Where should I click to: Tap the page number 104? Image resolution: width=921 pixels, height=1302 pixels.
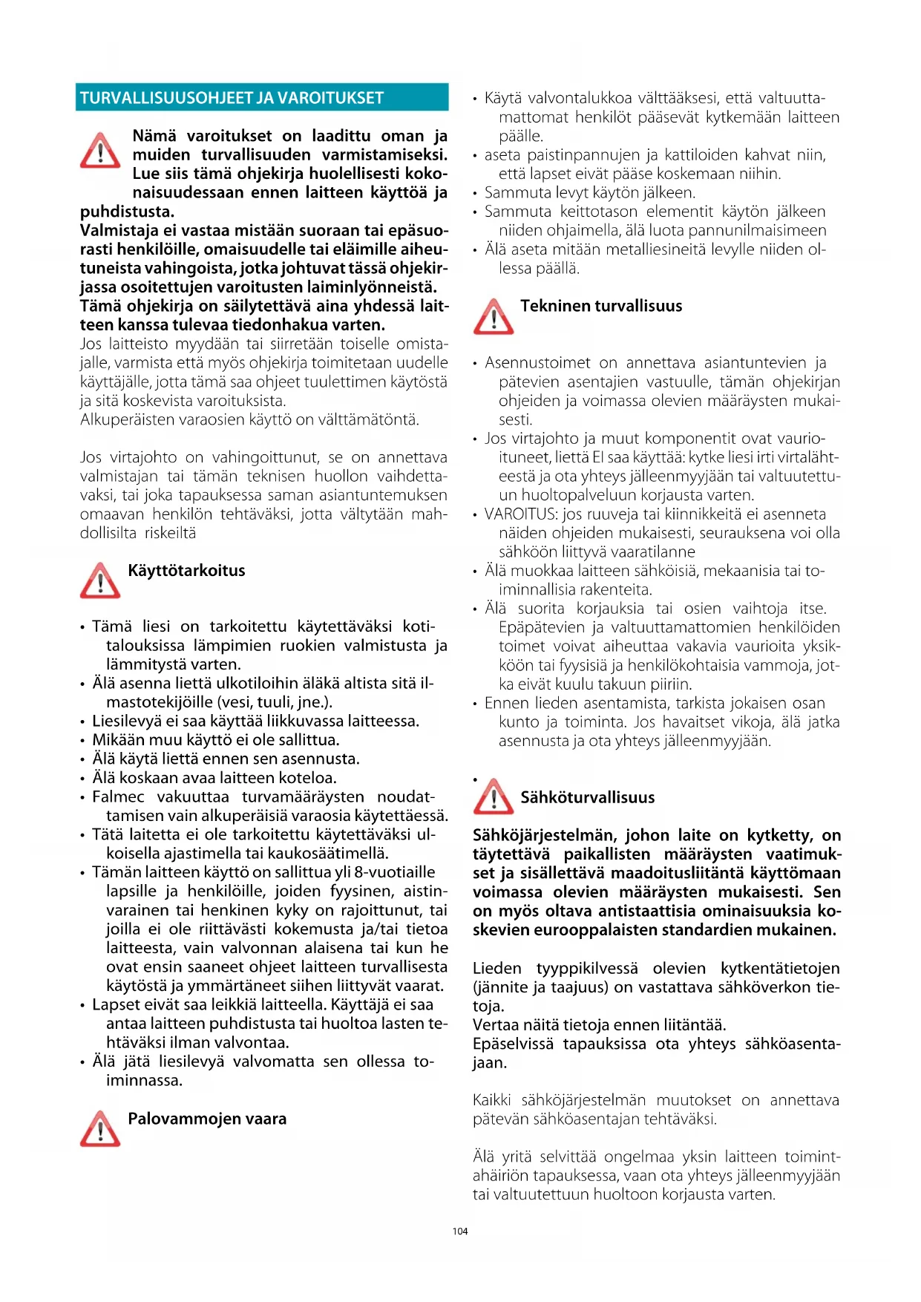coord(460,1231)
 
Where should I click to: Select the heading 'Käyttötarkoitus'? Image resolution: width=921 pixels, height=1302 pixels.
coord(186,571)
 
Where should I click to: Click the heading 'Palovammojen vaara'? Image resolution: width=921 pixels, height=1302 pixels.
coord(207,1119)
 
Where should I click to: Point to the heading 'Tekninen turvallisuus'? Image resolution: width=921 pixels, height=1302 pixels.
coord(601,306)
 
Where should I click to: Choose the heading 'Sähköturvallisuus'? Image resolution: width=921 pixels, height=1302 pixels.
coord(588,797)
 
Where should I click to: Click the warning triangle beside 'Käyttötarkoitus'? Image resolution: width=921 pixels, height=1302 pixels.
coord(100,580)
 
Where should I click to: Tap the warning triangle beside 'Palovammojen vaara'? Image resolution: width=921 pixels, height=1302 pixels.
coord(100,1128)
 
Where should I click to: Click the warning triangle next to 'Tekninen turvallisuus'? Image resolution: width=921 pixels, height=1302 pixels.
coord(494,316)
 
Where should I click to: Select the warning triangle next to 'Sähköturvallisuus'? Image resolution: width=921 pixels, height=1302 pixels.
coord(494,797)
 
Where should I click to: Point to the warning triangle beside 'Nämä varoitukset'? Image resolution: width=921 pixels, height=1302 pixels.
coord(100,151)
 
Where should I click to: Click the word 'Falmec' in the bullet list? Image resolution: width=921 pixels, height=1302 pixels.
coord(118,796)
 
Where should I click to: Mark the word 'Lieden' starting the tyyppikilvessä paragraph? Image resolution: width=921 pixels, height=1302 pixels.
coord(497,968)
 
